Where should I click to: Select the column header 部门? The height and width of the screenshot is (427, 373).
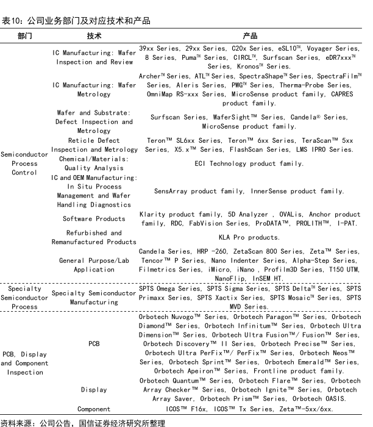click(x=25, y=36)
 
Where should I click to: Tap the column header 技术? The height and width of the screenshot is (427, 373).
click(x=94, y=36)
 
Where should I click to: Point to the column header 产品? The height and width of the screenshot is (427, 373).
click(x=249, y=36)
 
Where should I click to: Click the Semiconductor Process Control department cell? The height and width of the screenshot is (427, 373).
click(x=24, y=163)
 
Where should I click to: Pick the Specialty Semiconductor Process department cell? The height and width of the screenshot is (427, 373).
click(x=25, y=298)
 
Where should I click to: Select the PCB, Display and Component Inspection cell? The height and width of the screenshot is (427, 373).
click(x=25, y=363)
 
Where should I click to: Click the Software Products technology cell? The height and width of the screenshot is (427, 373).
click(x=94, y=218)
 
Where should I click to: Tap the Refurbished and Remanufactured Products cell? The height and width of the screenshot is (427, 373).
click(x=94, y=237)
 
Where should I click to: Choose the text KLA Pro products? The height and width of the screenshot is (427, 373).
click(x=249, y=237)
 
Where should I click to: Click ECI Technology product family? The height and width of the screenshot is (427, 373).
click(x=249, y=163)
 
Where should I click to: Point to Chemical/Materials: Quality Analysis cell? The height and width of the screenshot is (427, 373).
click(x=94, y=163)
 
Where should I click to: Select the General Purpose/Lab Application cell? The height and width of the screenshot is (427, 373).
click(x=94, y=265)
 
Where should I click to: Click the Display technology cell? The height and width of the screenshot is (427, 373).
click(x=94, y=389)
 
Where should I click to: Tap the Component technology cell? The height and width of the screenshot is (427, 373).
click(x=94, y=409)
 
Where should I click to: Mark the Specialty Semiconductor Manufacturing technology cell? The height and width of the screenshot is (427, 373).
click(x=94, y=298)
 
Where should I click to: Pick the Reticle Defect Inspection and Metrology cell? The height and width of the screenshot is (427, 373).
click(x=94, y=145)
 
